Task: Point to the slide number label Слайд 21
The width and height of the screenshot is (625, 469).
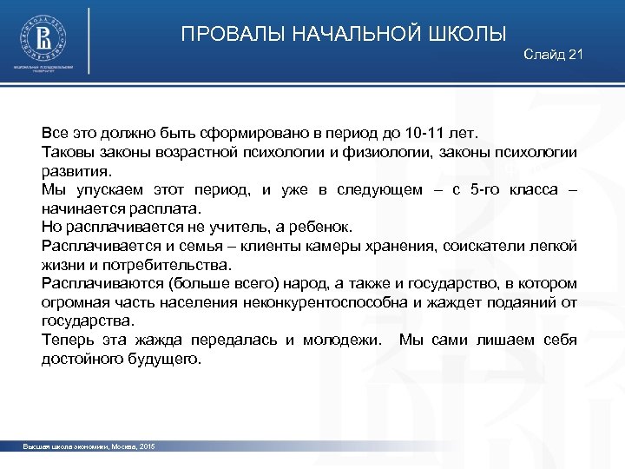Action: coord(554,56)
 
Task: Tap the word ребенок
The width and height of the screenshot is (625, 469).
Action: coord(320,227)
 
